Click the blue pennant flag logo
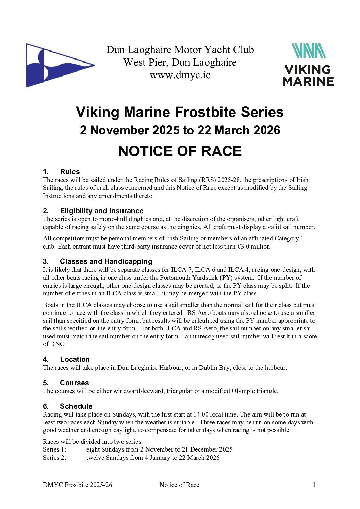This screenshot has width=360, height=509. pos(58,65)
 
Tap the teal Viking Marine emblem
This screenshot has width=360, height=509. pos(308,51)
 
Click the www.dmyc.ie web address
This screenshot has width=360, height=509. pos(180,75)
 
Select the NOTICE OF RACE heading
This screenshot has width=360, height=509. pos(180,151)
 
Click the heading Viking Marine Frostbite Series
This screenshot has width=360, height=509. pos(180,112)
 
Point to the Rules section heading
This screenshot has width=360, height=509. pos(69,172)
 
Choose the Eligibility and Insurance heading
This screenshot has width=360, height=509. pos(101,211)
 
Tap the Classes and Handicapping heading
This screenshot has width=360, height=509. pos(106,261)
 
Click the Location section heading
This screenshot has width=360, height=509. pos(75,359)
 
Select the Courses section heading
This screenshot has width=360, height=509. pos(74,383)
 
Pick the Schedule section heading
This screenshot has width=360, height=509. pos(76,406)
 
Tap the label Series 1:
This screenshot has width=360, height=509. pos(54,449)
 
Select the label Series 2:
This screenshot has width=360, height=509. pos(54,458)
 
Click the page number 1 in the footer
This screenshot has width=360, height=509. pos(314,485)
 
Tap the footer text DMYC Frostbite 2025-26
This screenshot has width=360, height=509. pos(77,485)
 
